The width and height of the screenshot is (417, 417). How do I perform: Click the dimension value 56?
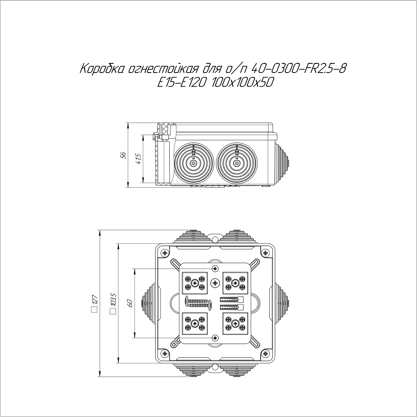pyautogui.click(x=123, y=155)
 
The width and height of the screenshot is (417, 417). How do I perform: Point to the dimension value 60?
pyautogui.click(x=130, y=303)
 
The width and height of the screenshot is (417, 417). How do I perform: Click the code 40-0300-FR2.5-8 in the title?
pyautogui.click(x=299, y=69)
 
